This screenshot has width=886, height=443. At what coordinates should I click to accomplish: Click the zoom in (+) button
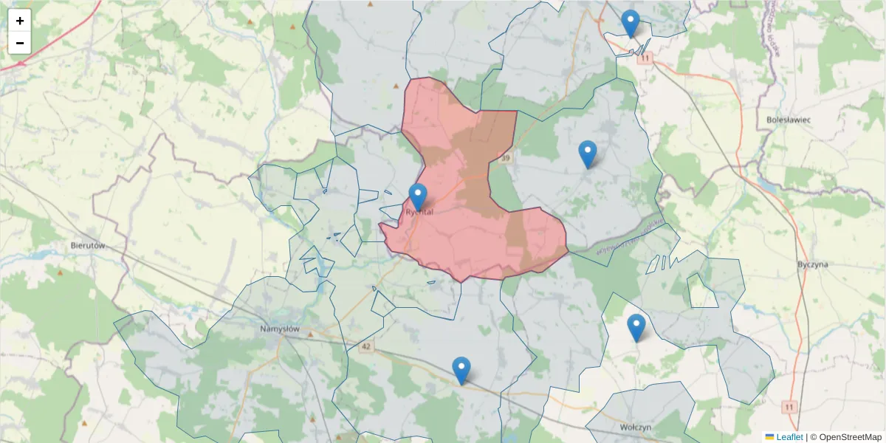(20, 21)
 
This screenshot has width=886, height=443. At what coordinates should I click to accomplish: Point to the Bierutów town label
(88, 244)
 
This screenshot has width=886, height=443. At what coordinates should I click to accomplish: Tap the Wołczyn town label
(635, 427)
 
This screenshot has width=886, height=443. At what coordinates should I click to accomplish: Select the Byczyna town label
(813, 264)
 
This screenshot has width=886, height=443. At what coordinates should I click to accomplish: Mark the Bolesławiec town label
(789, 119)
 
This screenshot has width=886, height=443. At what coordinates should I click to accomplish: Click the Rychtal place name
(419, 212)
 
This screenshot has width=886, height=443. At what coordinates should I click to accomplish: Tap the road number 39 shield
(505, 158)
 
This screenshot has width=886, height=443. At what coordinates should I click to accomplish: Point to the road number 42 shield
(366, 346)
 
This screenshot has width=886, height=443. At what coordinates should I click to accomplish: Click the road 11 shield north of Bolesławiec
(647, 58)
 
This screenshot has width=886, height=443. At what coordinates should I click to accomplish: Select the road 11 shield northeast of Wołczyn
(790, 407)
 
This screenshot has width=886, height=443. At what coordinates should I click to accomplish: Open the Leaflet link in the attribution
(789, 437)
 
